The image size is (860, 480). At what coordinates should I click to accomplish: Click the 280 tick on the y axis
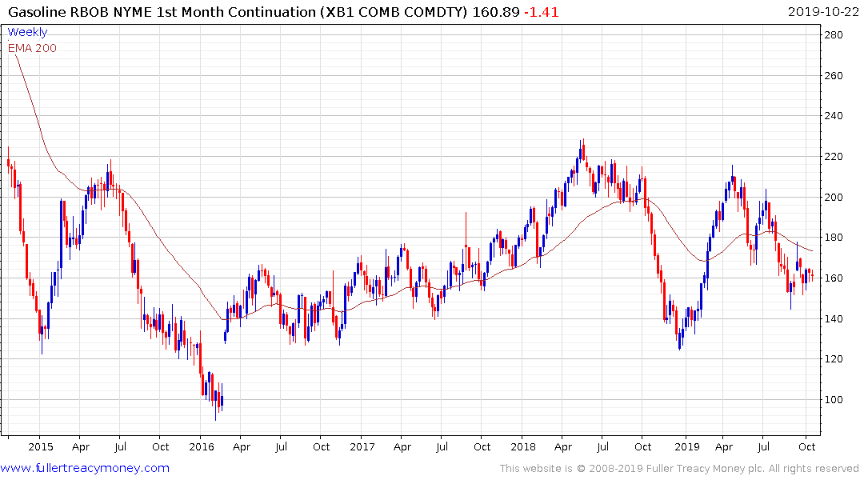(835, 35)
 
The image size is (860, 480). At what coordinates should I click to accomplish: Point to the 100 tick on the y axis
(835, 400)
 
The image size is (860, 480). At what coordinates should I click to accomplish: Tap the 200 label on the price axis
(835, 198)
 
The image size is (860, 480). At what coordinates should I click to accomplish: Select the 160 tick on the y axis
(835, 278)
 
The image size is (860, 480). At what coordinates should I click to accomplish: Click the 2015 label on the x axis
(40, 447)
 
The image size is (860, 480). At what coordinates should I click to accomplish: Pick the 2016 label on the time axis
(202, 447)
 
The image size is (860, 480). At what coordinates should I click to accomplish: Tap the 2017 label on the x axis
(362, 447)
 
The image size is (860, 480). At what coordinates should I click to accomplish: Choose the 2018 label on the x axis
(523, 447)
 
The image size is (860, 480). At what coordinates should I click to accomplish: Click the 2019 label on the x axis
(686, 447)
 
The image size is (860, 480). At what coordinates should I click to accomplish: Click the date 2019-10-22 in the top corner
(821, 11)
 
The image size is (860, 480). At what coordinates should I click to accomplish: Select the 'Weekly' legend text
(27, 33)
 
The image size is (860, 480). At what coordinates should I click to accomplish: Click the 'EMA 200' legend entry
(32, 48)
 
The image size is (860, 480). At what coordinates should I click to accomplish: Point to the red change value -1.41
(542, 11)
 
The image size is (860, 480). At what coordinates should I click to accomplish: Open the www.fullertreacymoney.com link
(85, 468)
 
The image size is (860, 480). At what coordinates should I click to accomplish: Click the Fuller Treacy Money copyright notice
(678, 469)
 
